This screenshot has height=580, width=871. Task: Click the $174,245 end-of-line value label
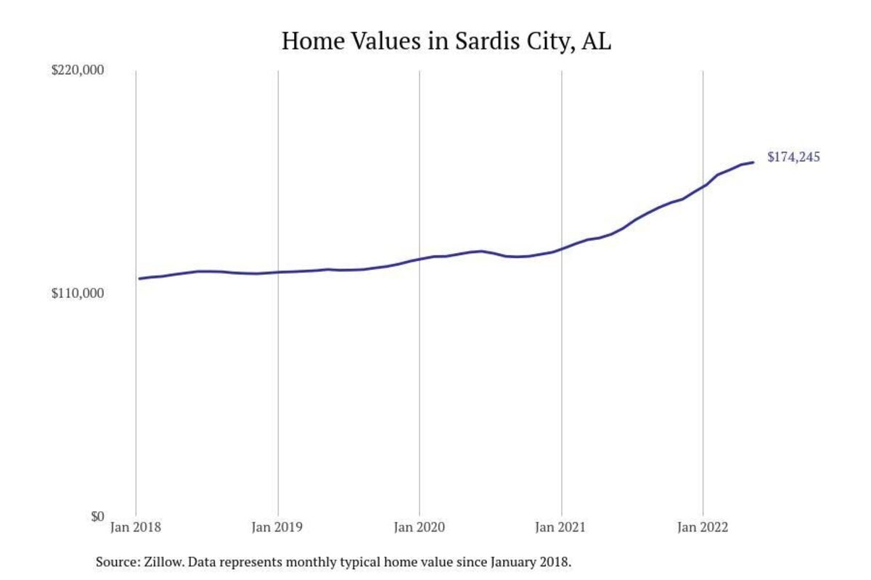click(x=793, y=157)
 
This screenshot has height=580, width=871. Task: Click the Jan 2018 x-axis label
click(x=136, y=527)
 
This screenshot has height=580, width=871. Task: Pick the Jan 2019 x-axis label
click(x=277, y=527)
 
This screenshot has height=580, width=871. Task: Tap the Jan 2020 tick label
click(x=419, y=527)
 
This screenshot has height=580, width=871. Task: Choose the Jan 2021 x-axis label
click(x=561, y=527)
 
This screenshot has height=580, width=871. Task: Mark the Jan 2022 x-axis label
click(x=703, y=527)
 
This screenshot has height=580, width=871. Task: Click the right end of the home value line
click(x=753, y=162)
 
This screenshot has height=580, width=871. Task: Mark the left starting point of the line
click(x=139, y=278)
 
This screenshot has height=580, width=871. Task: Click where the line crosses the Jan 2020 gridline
click(x=420, y=259)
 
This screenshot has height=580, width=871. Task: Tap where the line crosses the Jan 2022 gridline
click(x=703, y=186)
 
